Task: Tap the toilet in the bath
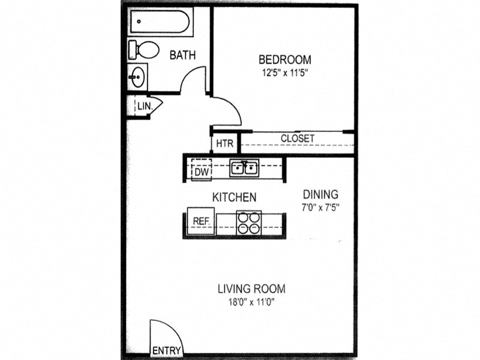[x=143, y=50]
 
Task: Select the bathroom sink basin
[x=137, y=77]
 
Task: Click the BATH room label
[x=182, y=55]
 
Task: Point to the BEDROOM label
[x=285, y=59]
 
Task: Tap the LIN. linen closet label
[x=145, y=106]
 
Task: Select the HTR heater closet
[x=224, y=143]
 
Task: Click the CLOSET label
[x=297, y=139]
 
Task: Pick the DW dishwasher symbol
[x=202, y=169]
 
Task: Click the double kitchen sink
[x=244, y=168]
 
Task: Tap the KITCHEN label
[x=234, y=197]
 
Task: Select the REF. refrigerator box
[x=201, y=221]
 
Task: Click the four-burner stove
[x=249, y=223]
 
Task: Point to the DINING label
[x=320, y=194]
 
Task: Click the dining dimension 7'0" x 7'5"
[x=320, y=208]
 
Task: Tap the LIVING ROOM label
[x=251, y=289]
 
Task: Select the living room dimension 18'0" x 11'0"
[x=251, y=302]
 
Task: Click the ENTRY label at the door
[x=167, y=350]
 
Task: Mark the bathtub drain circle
[x=139, y=22]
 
